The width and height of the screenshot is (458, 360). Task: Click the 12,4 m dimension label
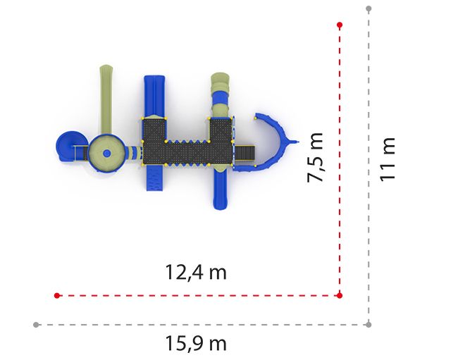(x=196, y=273)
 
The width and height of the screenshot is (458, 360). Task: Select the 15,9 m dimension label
(x=196, y=343)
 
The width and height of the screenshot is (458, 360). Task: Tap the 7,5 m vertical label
(x=316, y=158)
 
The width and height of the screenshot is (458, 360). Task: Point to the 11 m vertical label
(x=388, y=159)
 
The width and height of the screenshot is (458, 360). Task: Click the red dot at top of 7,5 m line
(x=340, y=25)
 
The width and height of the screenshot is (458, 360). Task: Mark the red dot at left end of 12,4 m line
(x=57, y=295)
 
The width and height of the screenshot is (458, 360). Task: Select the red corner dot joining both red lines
(x=340, y=295)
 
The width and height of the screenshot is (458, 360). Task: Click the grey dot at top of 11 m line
(x=369, y=8)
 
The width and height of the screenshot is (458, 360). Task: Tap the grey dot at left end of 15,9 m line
(x=36, y=325)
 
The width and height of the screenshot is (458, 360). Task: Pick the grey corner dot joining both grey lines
(x=369, y=324)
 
